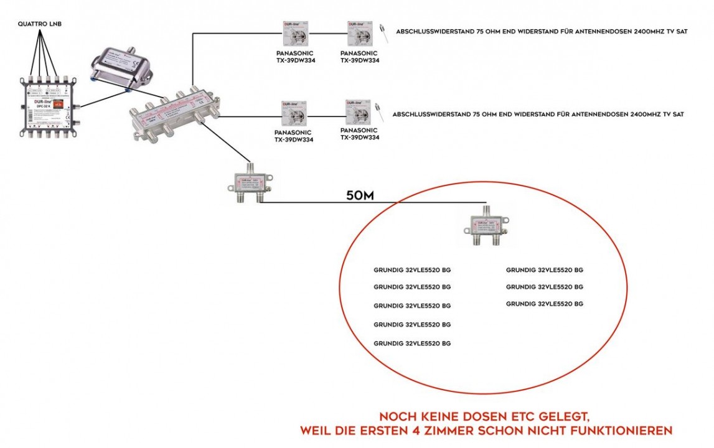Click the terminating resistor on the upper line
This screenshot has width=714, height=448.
[384, 32]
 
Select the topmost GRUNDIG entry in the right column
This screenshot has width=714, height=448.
[544, 270]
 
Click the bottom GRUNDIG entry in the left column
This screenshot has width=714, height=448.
[411, 343]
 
